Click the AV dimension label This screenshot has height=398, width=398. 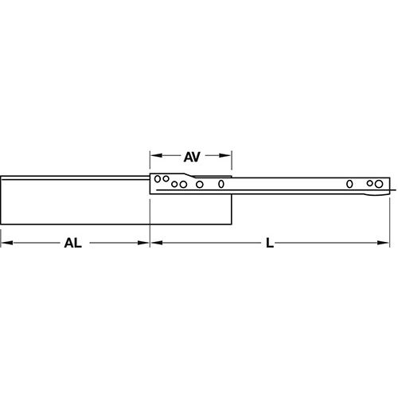pos(191,158)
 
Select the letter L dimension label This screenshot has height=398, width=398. pos(271,245)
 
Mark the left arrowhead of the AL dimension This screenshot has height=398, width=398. pos(5,245)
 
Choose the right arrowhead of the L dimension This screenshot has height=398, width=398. pos(387,245)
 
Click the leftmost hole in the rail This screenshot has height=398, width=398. pos(158,178)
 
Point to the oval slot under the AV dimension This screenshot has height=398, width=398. pos(221,185)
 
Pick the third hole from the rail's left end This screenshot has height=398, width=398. pos(174,186)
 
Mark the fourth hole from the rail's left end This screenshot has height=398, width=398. pos(183,185)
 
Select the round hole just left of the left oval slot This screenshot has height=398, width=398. pos(200,185)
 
